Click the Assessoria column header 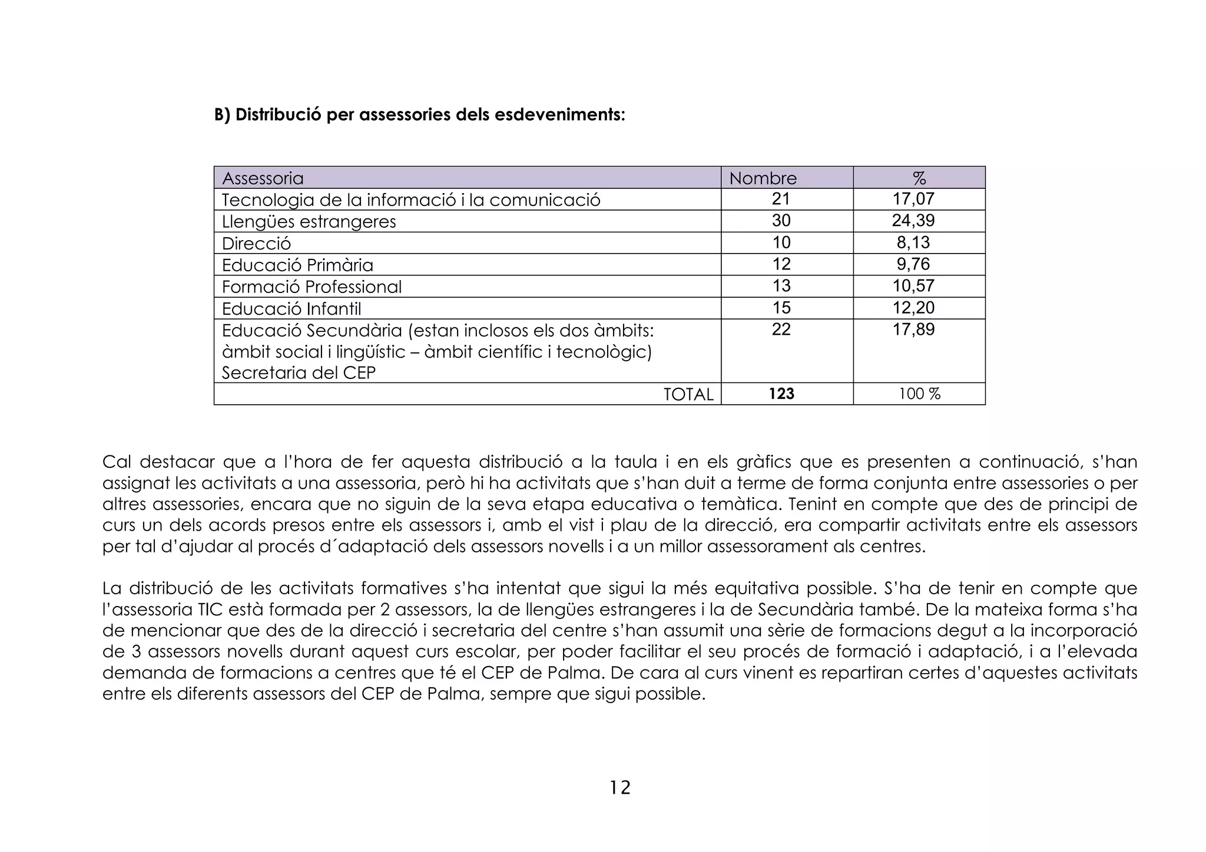[x=263, y=178]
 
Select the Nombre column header [x=763, y=178]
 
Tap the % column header [x=919, y=178]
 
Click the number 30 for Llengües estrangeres [x=781, y=221]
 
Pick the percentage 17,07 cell [x=913, y=199]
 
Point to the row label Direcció [x=256, y=243]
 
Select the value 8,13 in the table [x=913, y=242]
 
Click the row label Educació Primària [x=297, y=265]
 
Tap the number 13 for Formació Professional [x=781, y=286]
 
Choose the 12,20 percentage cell [x=913, y=308]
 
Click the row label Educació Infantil [x=291, y=308]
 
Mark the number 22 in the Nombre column [x=781, y=330]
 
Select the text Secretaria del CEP [x=299, y=372]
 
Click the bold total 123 [x=781, y=394]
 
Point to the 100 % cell [x=919, y=394]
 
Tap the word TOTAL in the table [x=688, y=394]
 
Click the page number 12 [x=619, y=787]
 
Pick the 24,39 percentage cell [x=913, y=221]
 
